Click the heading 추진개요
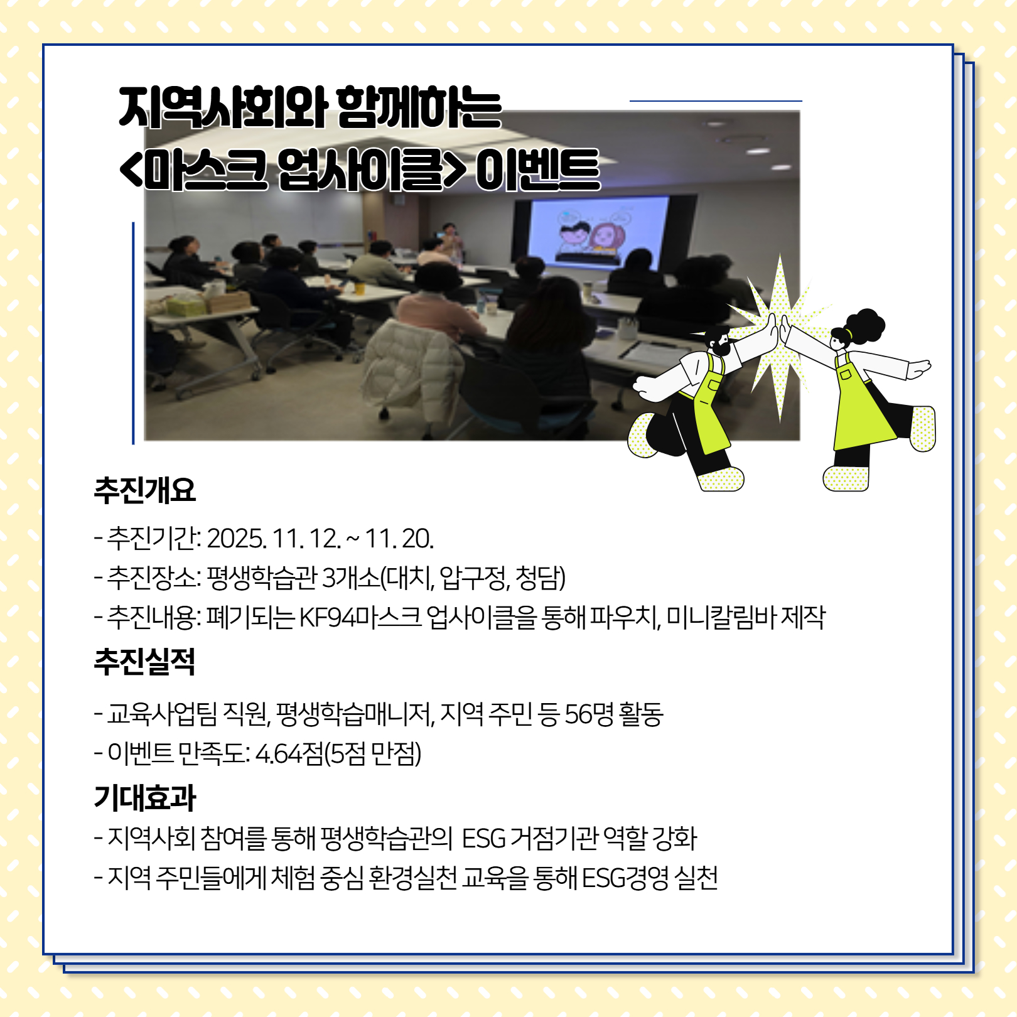(145, 490)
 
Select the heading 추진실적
(145, 662)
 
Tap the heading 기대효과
(145, 798)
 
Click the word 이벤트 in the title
(538, 170)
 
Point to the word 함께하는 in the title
(419, 107)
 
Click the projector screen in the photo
(598, 232)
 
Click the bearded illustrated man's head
(718, 339)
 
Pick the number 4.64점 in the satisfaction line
(289, 753)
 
